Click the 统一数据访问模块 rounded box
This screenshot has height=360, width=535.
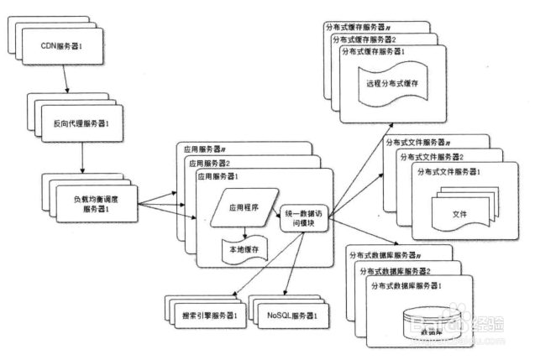(305, 217)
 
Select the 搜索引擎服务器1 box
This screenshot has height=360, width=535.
(207, 316)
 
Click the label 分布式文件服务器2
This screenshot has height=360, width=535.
(435, 157)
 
